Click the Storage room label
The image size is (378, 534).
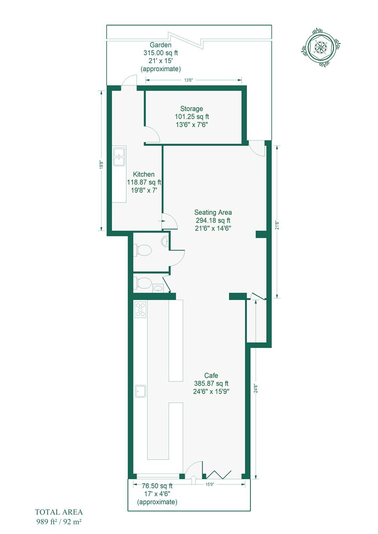192,109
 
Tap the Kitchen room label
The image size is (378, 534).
144,174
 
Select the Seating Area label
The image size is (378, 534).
213,212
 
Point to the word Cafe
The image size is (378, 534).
211,375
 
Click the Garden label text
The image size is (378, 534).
160,45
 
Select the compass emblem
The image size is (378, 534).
321,47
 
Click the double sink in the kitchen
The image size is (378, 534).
119,157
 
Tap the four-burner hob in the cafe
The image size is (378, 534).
140,309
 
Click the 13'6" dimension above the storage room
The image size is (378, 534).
188,80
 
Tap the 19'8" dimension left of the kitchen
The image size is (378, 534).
101,165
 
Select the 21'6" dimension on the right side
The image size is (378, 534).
277,225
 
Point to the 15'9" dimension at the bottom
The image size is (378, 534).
210,484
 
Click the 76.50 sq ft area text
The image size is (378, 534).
157,486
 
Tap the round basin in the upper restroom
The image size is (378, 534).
165,241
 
